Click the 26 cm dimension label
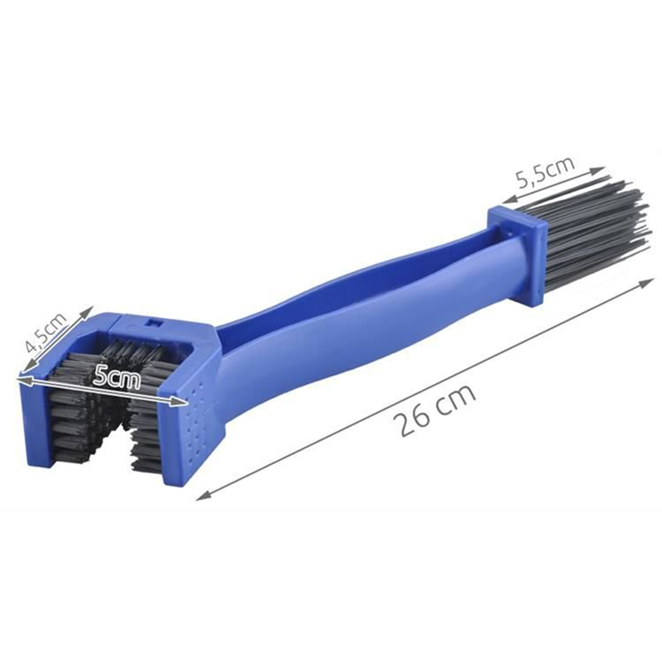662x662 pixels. point(435,409)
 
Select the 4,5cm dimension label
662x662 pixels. point(46,332)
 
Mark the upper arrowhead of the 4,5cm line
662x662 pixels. point(86,313)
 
